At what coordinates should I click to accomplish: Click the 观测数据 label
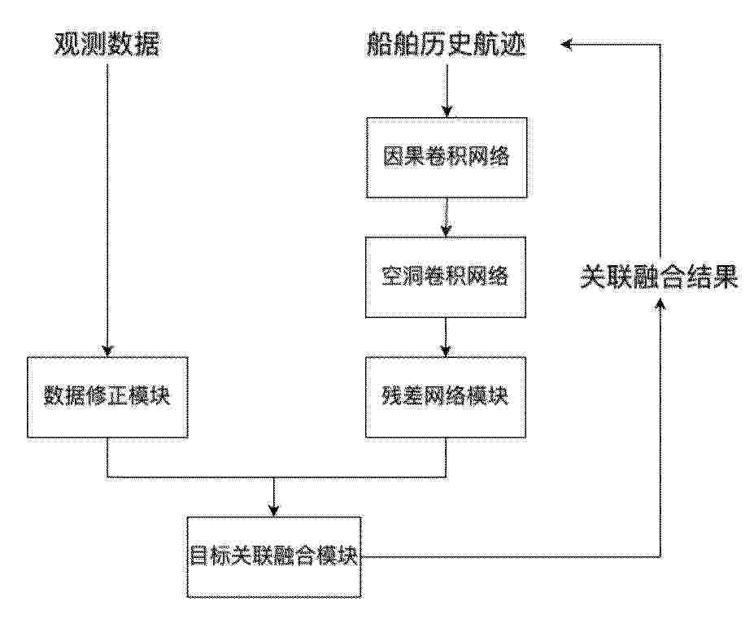(x=106, y=45)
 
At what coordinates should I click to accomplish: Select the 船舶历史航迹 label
(x=447, y=45)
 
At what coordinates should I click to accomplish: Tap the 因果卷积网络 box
(x=447, y=157)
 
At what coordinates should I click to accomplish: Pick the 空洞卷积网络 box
(x=445, y=277)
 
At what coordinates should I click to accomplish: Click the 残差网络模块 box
(x=445, y=397)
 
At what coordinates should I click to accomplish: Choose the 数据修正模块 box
(x=107, y=397)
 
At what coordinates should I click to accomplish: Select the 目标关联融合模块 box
(x=273, y=557)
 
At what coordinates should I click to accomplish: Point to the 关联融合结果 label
(x=660, y=277)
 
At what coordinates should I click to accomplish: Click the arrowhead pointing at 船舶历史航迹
(x=566, y=44)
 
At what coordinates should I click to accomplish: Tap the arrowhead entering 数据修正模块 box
(x=107, y=351)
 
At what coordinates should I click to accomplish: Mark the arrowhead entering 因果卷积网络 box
(x=447, y=111)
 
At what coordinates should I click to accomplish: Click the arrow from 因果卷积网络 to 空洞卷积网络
(x=446, y=217)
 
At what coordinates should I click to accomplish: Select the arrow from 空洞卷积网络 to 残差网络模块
(x=445, y=337)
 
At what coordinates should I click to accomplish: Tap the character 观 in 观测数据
(x=66, y=45)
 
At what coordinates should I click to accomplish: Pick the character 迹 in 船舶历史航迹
(x=513, y=45)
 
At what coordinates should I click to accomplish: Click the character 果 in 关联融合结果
(x=726, y=277)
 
